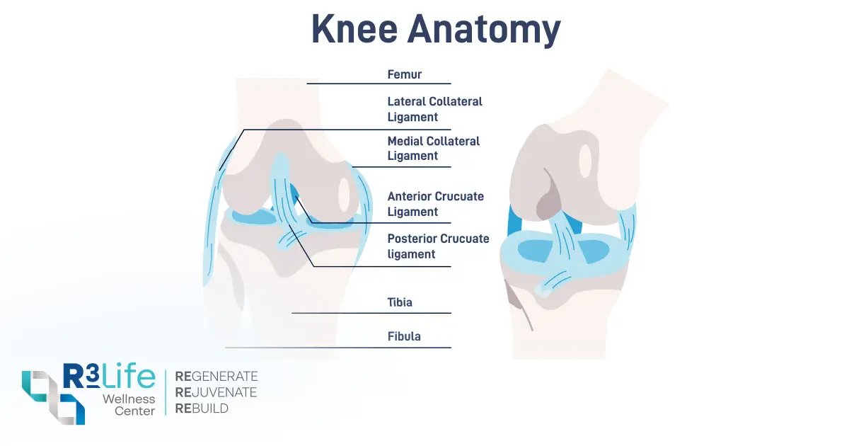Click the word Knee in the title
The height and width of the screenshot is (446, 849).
pos(354,29)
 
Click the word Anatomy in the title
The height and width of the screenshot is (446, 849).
pos(484,31)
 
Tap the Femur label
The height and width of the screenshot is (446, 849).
pos(405,74)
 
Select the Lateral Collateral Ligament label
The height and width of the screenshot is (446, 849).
pos(434,109)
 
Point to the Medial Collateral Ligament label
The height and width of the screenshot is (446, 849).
pos(433,148)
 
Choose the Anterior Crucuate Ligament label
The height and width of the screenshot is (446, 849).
pos(436,204)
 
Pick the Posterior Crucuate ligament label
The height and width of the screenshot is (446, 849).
pos(438,246)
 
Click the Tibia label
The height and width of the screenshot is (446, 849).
pos(400,302)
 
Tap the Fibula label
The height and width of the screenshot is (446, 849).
pos(404,336)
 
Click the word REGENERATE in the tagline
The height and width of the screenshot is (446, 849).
pos(216,376)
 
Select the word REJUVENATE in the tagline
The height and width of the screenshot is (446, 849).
pos(216,392)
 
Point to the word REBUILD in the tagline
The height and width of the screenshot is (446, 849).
pos(202,408)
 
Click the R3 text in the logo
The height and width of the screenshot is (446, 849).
pos(81,376)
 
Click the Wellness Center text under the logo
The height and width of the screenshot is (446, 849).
pos(129,405)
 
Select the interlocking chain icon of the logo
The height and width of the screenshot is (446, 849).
pos(54,397)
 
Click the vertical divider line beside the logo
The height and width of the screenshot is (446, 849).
pos(166,392)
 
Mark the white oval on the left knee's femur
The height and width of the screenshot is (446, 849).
pos(344,195)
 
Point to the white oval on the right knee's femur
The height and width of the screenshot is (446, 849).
pos(586,161)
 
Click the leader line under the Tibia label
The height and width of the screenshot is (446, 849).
pos(371,313)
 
